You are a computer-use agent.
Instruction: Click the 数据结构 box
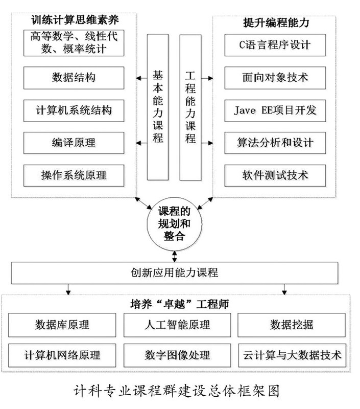(x=74, y=78)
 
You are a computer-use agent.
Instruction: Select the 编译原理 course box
(x=74, y=143)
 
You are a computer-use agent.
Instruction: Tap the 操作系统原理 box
(x=74, y=175)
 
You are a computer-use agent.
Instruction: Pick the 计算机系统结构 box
(x=74, y=110)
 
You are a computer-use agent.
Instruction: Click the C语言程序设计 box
(x=275, y=45)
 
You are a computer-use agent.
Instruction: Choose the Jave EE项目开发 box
(x=275, y=110)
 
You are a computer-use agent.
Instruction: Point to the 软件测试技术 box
(x=275, y=175)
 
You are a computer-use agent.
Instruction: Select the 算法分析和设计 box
(x=275, y=143)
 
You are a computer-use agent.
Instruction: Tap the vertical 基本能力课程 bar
(x=158, y=107)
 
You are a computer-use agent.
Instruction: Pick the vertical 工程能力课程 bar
(x=190, y=107)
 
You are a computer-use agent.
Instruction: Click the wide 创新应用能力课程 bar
(x=175, y=273)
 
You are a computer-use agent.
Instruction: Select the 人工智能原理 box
(x=177, y=325)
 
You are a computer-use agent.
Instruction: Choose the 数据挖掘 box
(x=292, y=325)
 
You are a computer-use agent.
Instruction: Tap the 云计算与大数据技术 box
(x=292, y=355)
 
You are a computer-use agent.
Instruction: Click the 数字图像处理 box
(x=177, y=355)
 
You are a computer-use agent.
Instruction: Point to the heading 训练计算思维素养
(x=75, y=20)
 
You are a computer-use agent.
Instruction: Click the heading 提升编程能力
(x=276, y=22)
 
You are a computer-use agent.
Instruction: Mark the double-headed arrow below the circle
(x=175, y=257)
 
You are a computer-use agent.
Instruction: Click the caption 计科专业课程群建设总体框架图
(x=177, y=391)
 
